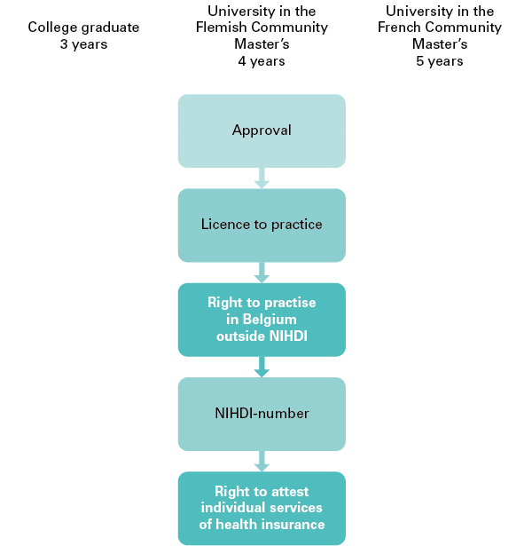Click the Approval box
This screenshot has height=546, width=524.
pos(262,131)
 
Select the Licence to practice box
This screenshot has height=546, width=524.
pos(262,226)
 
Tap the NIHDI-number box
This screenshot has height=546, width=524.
pos(262,414)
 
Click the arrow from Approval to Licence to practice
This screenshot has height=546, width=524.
pos(262,178)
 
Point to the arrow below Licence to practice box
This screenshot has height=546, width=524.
pos(262,273)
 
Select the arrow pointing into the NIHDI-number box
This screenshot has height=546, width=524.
pos(262,367)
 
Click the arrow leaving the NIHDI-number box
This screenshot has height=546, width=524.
pos(262,462)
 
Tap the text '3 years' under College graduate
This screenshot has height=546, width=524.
pos(84,44)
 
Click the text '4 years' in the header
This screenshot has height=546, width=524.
pos(262,61)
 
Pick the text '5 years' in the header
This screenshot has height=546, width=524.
pos(440,61)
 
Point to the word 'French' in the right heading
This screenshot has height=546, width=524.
pos(399,28)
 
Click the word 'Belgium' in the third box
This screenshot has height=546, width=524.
pos(270,320)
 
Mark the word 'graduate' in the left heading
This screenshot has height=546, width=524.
pos(110,28)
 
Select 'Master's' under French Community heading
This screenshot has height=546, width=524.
pos(440,44)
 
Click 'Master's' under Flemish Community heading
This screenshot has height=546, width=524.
pos(262,44)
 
